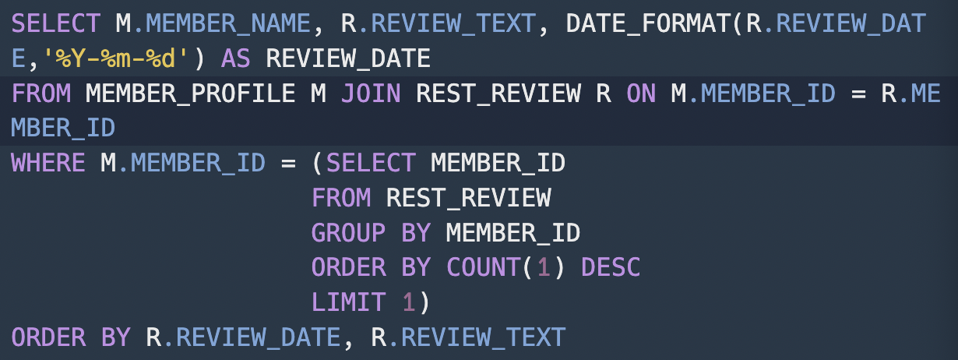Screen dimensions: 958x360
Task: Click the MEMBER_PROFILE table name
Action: (x=190, y=94)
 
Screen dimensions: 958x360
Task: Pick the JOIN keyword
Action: (x=371, y=94)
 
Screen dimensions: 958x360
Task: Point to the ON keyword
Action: (x=641, y=94)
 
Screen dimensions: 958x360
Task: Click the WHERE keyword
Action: (x=48, y=163)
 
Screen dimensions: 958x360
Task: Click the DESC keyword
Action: (x=611, y=267)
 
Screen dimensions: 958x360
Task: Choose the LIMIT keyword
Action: (x=348, y=302)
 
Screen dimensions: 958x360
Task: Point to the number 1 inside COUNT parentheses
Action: (x=544, y=267)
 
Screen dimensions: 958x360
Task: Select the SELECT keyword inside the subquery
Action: (x=371, y=163)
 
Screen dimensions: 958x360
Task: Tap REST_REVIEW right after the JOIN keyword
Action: (x=498, y=94)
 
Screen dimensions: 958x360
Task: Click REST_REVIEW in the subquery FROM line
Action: (x=468, y=198)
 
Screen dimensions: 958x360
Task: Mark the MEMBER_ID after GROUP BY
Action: (x=513, y=232)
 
